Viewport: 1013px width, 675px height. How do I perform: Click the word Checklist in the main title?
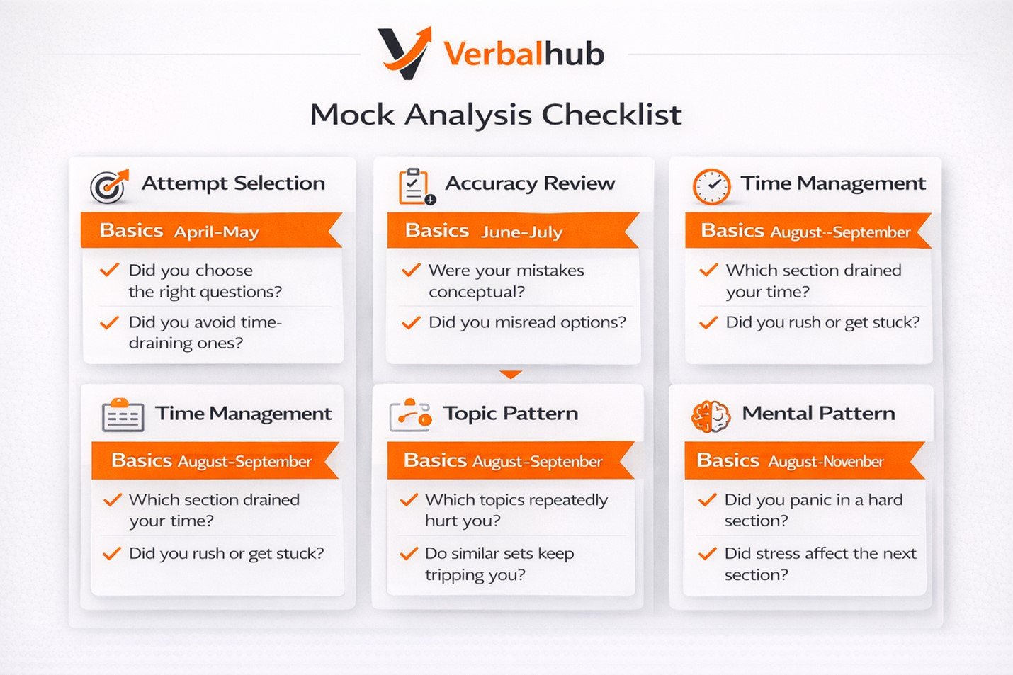[611, 114]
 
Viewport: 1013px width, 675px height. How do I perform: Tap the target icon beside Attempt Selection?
[109, 186]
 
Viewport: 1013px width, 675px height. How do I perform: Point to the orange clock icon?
[711, 187]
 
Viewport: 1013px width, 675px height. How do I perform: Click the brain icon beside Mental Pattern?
[711, 416]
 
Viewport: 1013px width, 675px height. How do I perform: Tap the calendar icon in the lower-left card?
[123, 415]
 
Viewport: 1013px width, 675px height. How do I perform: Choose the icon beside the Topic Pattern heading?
[410, 414]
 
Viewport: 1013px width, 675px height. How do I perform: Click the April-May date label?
[216, 232]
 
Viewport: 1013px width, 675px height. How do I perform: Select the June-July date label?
[521, 232]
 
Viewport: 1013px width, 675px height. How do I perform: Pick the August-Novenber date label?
[826, 462]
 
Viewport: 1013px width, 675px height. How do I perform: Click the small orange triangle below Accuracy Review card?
[511, 375]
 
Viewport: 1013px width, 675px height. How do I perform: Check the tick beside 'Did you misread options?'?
[411, 322]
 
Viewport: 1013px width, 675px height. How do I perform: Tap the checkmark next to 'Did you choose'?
[109, 270]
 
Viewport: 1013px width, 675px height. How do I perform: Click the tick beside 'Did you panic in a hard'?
[707, 499]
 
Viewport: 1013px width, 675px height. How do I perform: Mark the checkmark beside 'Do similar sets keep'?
[409, 553]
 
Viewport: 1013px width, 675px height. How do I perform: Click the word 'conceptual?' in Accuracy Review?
[477, 293]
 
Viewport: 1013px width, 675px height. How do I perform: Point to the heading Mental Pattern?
[818, 413]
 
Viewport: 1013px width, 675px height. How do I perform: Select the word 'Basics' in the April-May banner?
[131, 231]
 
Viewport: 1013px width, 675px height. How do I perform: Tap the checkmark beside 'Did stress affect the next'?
[707, 553]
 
